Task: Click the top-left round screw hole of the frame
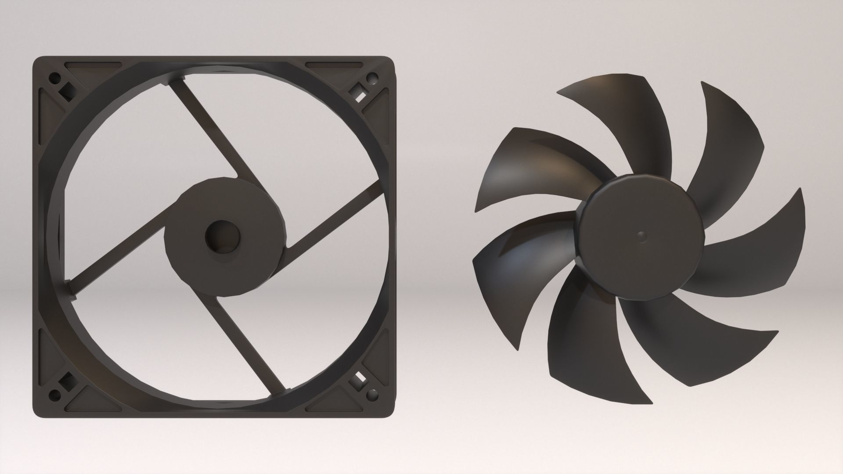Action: click(x=55, y=79)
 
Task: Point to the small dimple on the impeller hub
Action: click(x=641, y=237)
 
